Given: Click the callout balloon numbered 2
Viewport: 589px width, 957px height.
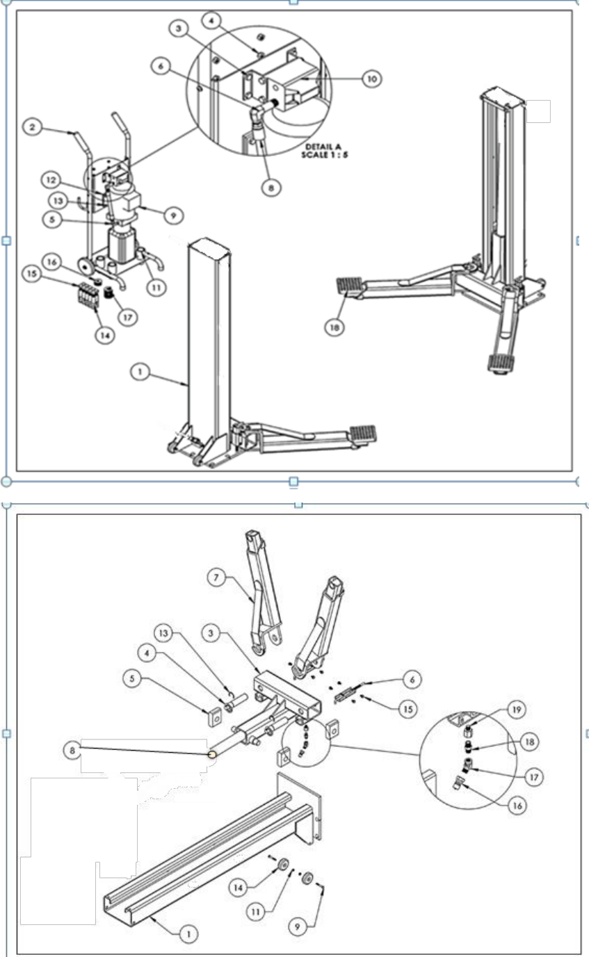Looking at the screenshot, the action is tap(33, 127).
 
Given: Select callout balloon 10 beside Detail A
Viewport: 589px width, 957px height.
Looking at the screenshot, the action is tap(372, 79).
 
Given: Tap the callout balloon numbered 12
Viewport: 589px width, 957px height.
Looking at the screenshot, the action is tap(51, 180).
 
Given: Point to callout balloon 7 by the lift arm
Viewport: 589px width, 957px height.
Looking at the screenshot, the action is tap(216, 578).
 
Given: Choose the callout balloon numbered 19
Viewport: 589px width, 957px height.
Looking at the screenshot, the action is tap(517, 710).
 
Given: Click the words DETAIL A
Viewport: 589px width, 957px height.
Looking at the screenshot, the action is tap(323, 147).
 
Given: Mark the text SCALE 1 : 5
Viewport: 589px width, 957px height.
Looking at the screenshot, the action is tap(325, 155).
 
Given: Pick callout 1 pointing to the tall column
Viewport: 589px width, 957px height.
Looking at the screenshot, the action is tap(140, 372).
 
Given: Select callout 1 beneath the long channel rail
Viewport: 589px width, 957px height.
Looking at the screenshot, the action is tap(188, 933).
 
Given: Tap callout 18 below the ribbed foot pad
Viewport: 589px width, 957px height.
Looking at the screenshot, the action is tap(334, 327).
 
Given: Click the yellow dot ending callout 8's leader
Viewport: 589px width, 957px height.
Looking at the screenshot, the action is tap(212, 755).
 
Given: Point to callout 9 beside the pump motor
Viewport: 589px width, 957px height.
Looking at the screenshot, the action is tap(174, 215).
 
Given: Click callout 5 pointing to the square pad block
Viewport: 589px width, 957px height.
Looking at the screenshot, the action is tap(132, 678).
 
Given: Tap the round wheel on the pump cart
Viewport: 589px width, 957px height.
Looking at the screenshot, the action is tap(87, 267).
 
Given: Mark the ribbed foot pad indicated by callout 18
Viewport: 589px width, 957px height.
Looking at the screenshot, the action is tap(349, 286).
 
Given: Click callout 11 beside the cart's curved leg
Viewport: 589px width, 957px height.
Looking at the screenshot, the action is tap(156, 288).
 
